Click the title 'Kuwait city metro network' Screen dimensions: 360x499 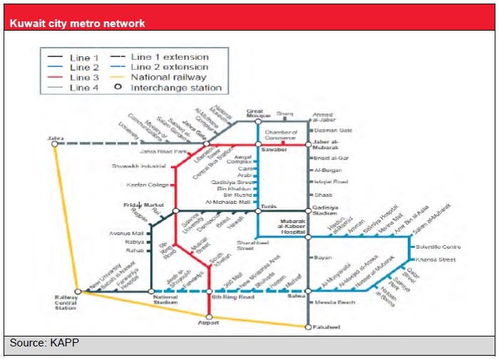[77, 24]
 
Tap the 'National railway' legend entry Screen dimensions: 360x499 [168, 77]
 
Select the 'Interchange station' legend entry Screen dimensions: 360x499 [176, 88]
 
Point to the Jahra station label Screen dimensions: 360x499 [55, 137]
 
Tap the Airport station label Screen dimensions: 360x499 [208, 323]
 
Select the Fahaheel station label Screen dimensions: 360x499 [326, 327]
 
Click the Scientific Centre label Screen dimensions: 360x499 [437, 247]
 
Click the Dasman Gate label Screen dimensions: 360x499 [332, 130]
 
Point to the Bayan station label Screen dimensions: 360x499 [321, 257]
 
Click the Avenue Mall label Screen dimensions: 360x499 [126, 233]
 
